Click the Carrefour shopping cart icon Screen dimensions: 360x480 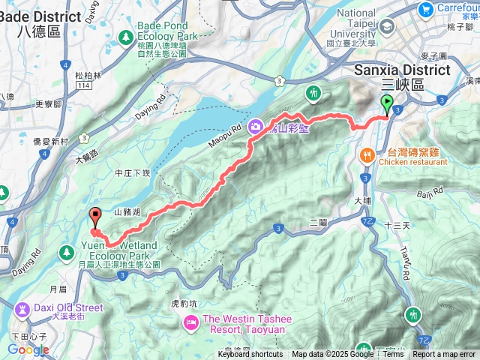pos(427,9)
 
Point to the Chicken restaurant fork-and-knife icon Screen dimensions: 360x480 pos(367,155)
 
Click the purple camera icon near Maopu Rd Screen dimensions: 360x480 pos(256,127)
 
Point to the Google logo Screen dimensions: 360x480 pos(28,349)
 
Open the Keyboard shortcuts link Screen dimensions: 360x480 pos(250,355)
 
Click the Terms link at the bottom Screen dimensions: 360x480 pos(394,355)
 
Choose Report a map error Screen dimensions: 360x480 pos(444,355)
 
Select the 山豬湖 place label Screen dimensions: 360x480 pos(127,212)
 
